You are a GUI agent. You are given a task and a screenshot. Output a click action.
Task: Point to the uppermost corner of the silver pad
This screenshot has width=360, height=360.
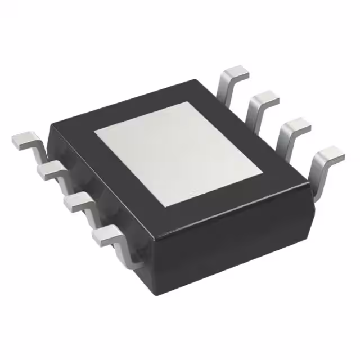click(194, 102)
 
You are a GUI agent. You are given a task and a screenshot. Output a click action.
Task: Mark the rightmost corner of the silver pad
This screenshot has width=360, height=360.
click(264, 171)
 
